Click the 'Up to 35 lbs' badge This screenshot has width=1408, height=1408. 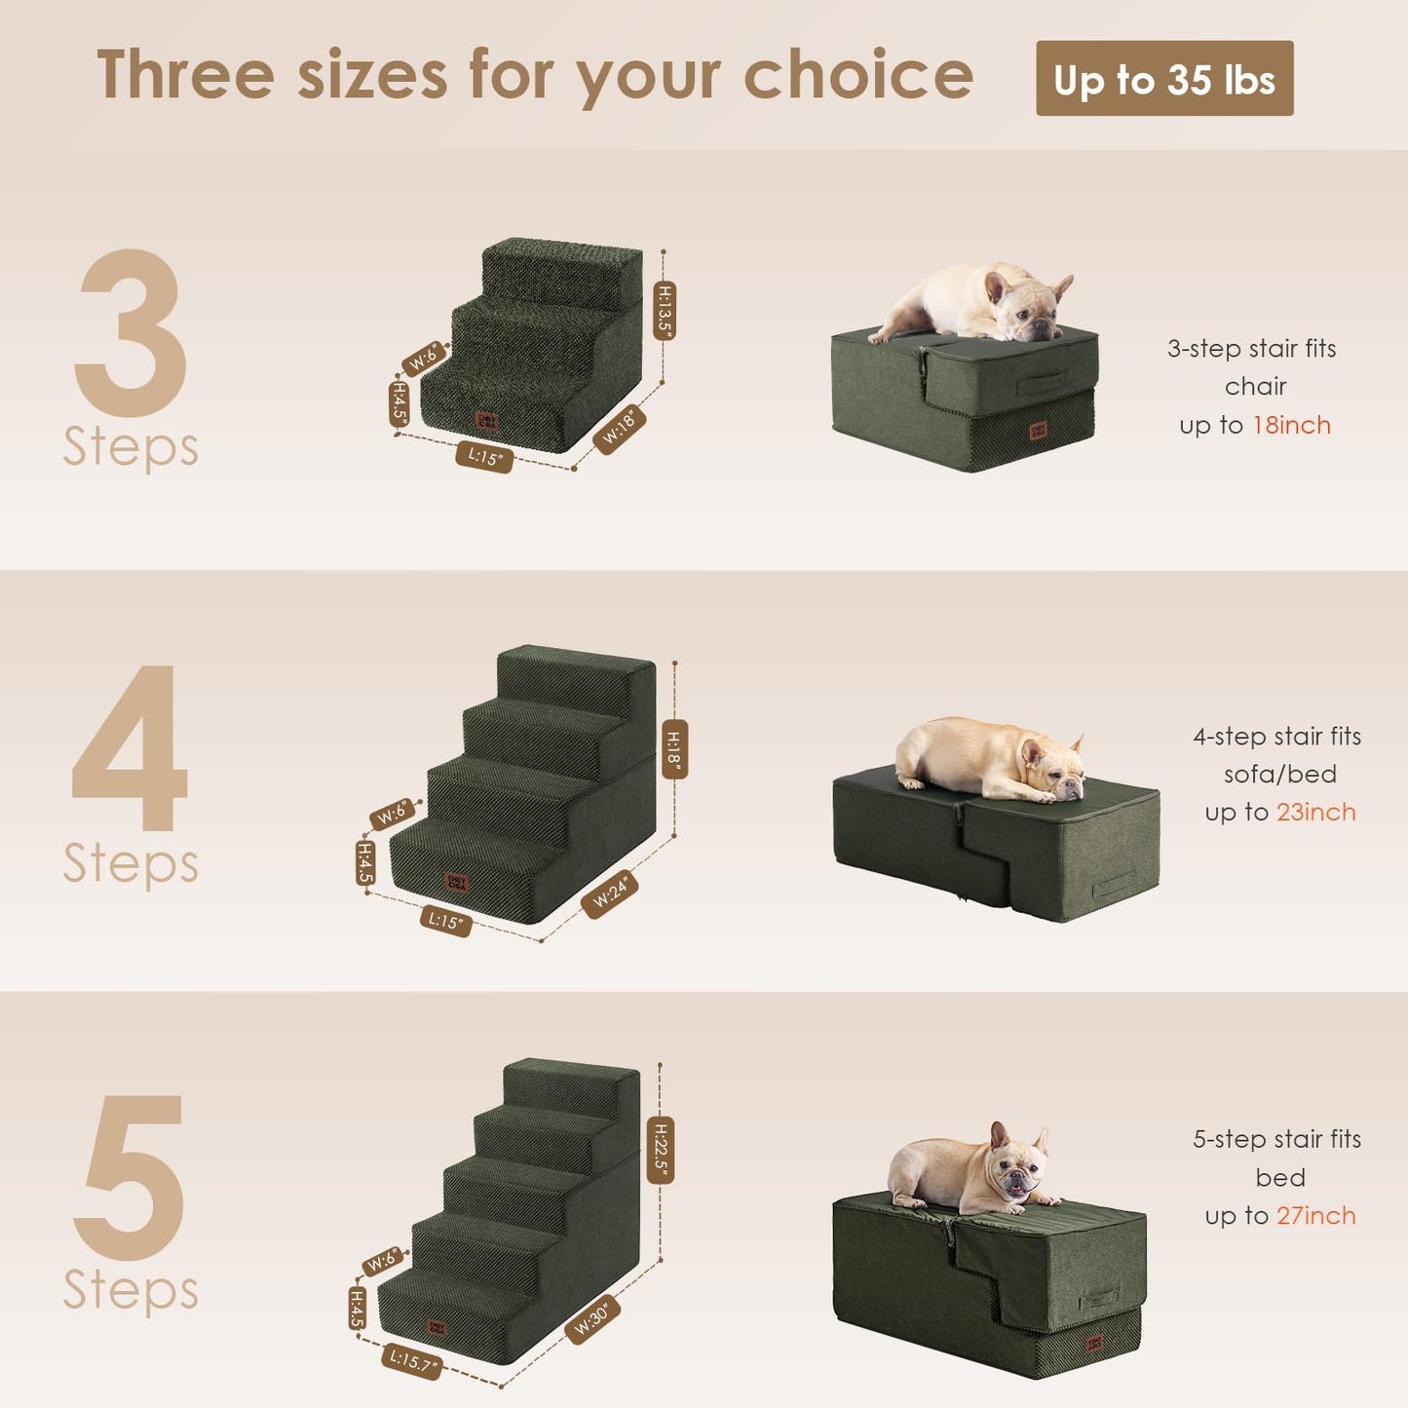click(1164, 79)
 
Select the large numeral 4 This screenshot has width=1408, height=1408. click(131, 748)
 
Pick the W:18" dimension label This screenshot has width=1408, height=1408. click(619, 428)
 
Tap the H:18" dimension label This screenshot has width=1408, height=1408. click(674, 749)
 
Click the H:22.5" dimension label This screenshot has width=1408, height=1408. click(661, 1150)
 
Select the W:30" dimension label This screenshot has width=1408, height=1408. click(593, 1319)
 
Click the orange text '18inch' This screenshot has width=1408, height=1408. click(1291, 426)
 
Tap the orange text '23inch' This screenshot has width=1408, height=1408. click(1315, 813)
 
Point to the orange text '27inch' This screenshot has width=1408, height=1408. click(1315, 1216)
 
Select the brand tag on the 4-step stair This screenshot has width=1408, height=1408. click(457, 883)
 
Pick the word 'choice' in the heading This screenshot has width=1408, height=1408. click(857, 76)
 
